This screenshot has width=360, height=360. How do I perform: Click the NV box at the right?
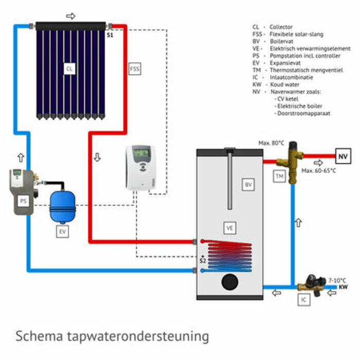pyautogui.click(x=343, y=154)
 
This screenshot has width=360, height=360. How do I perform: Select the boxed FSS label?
pyautogui.click(x=134, y=68)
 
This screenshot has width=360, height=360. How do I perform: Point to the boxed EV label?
pyautogui.click(x=62, y=232)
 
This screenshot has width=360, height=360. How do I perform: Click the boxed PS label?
pyautogui.click(x=24, y=201)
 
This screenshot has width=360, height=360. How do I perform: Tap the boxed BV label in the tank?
pyautogui.click(x=248, y=184)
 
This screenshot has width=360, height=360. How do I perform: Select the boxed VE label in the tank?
pyautogui.click(x=230, y=227)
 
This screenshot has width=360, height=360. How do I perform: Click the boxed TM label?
pyautogui.click(x=279, y=176)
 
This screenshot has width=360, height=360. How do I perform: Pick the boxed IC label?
pyautogui.click(x=304, y=299)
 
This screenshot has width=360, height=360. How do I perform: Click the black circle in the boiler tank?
pyautogui.click(x=229, y=282)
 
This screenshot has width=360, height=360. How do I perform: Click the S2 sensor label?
pyautogui.click(x=203, y=261)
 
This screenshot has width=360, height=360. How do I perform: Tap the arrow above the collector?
pyautogui.click(x=71, y=16)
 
